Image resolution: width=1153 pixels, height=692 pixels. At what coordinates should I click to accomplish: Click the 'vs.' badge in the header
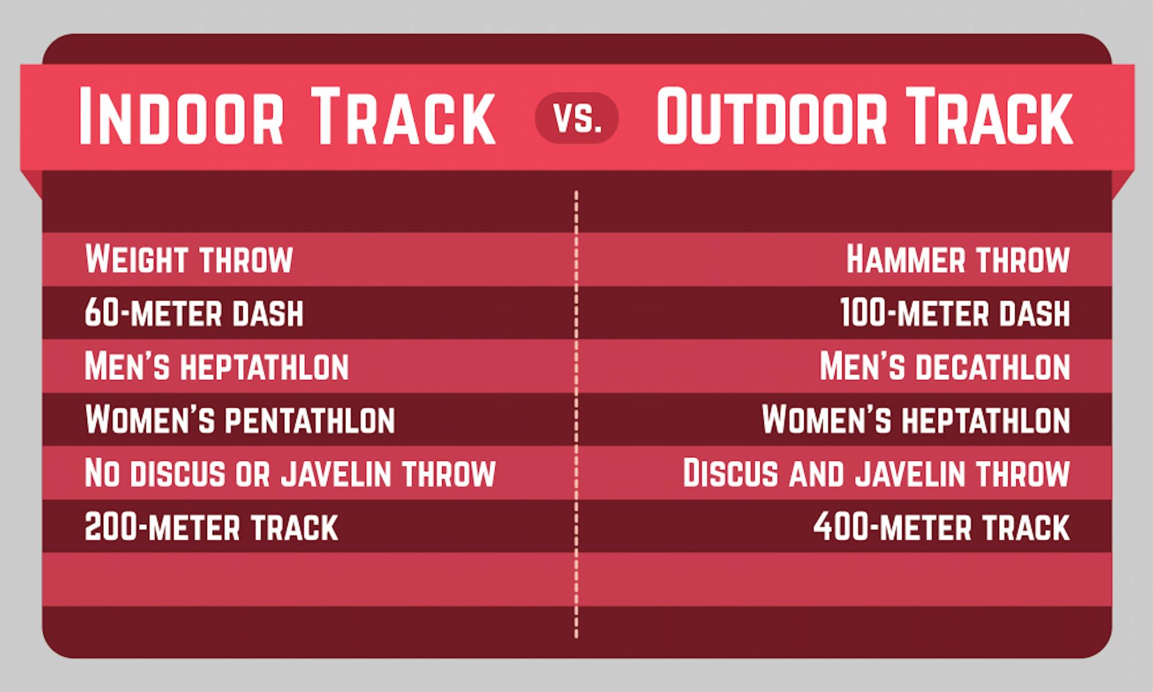pyautogui.click(x=576, y=118)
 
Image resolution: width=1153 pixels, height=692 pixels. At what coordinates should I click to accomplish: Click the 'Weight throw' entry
pyautogui.click(x=189, y=259)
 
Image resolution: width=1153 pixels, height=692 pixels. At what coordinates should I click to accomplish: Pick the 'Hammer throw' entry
pyautogui.click(x=958, y=259)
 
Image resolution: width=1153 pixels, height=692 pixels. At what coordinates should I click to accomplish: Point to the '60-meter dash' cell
pyautogui.click(x=194, y=313)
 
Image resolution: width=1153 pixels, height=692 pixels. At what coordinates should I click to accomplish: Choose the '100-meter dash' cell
pyautogui.click(x=955, y=313)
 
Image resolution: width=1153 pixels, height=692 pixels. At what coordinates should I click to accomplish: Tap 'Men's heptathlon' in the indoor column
pyautogui.click(x=216, y=366)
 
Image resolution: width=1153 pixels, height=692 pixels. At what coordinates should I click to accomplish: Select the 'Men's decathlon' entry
pyautogui.click(x=944, y=366)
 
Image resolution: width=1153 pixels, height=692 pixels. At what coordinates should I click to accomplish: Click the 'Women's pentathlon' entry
pyautogui.click(x=240, y=420)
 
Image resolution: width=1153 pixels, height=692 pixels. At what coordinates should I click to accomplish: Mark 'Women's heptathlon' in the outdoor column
pyautogui.click(x=915, y=420)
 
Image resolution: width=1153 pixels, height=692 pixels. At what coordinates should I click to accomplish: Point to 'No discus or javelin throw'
pyautogui.click(x=290, y=473)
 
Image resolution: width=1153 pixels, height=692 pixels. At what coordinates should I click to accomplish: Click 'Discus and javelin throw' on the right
pyautogui.click(x=876, y=473)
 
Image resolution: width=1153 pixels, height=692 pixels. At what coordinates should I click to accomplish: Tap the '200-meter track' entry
pyautogui.click(x=211, y=527)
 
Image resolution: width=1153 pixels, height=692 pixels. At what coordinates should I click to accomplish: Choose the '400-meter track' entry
pyautogui.click(x=941, y=527)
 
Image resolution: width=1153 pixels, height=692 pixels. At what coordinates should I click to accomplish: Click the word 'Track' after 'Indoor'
pyautogui.click(x=404, y=116)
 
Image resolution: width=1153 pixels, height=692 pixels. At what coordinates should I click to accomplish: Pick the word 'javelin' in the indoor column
pyautogui.click(x=336, y=473)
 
